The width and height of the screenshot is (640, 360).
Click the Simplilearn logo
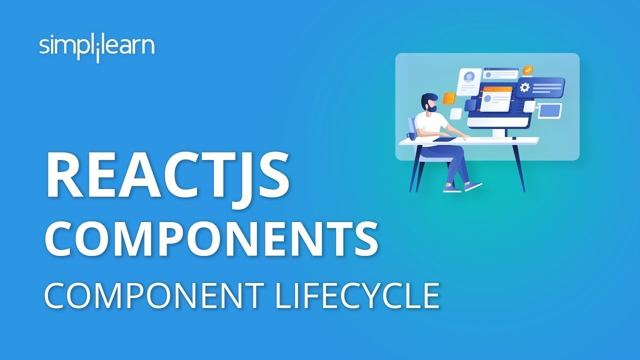click(96, 47)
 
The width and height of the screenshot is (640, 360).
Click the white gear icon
click(524, 87)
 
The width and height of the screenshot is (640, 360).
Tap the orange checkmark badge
click(527, 70)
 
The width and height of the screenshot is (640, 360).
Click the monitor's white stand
click(498, 132)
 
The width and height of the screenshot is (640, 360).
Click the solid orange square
click(449, 98)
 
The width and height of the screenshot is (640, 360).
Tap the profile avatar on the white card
click(469, 77)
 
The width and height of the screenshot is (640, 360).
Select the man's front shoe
click(472, 186)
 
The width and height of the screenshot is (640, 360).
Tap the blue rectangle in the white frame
click(549, 110)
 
